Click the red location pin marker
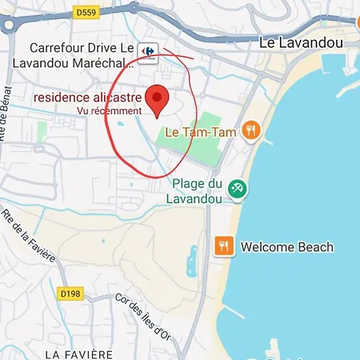click(x=158, y=98)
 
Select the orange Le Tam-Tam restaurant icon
click(x=251, y=130)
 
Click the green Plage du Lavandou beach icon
click(x=237, y=190)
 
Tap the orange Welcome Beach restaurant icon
click(x=224, y=246)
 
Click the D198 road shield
click(x=70, y=294)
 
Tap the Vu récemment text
click(x=109, y=111)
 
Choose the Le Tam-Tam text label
click(x=200, y=130)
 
